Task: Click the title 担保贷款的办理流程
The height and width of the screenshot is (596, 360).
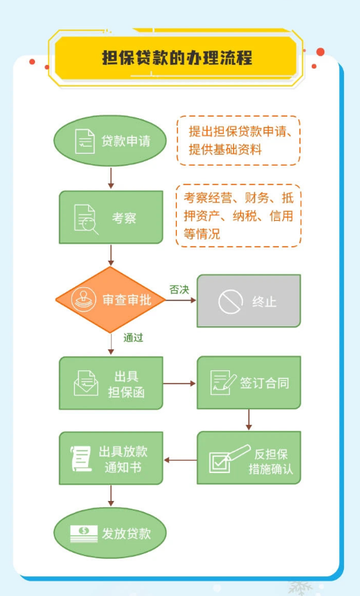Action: tap(177, 58)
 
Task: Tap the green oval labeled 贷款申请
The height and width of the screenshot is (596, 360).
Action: tap(110, 140)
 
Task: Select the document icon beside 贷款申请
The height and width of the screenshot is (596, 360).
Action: tap(85, 141)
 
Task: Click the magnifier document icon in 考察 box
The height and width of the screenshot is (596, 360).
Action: tap(86, 219)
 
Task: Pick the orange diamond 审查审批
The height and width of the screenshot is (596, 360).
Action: tap(110, 300)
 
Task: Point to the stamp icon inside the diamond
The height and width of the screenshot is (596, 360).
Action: tap(84, 300)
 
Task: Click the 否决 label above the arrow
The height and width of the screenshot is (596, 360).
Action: tap(179, 290)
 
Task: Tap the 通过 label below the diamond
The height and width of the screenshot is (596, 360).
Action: tap(133, 337)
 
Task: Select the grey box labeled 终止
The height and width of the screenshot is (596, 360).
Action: tap(249, 300)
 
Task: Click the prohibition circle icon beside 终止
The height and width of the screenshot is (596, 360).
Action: tap(231, 301)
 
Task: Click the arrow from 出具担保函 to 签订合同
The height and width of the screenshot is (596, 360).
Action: tap(180, 384)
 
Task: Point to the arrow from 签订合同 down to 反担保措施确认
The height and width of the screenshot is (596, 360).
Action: tap(249, 420)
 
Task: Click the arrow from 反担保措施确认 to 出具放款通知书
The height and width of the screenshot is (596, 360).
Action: tap(180, 460)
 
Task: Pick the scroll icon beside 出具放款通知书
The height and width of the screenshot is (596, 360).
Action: tap(81, 459)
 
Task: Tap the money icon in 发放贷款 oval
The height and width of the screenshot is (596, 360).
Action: tap(84, 534)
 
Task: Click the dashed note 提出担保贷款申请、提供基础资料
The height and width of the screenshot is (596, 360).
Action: tap(238, 140)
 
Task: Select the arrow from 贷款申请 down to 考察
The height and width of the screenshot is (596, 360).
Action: tap(110, 178)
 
